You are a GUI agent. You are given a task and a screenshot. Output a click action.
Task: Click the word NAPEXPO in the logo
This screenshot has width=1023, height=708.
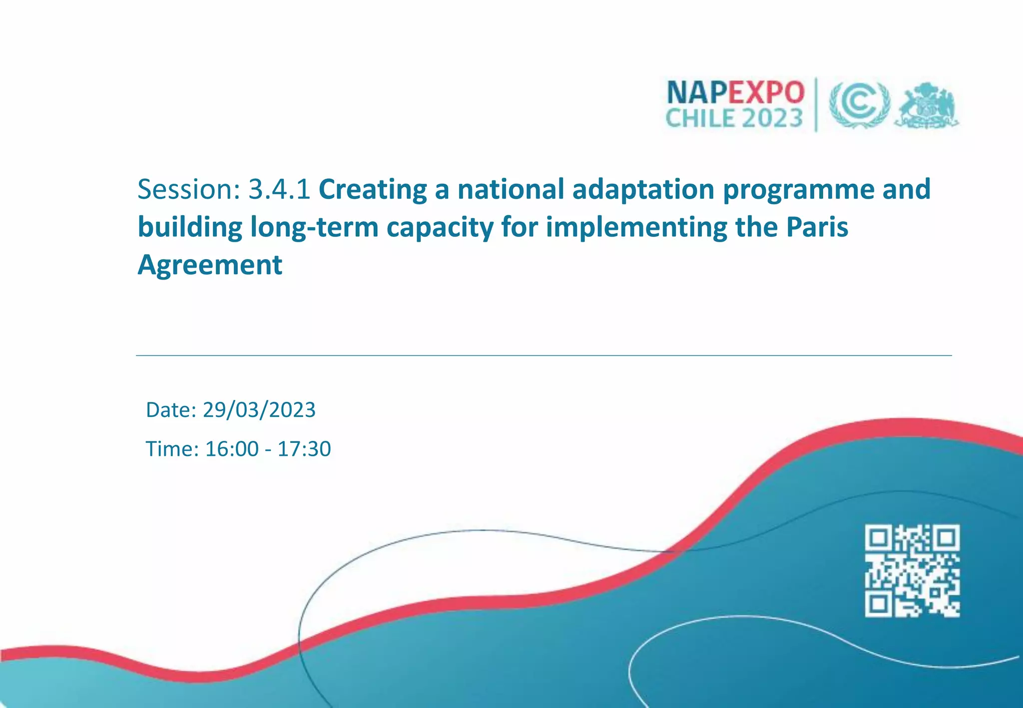[x=735, y=92]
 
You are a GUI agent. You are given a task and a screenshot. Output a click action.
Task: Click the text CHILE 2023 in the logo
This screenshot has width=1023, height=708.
[x=734, y=119]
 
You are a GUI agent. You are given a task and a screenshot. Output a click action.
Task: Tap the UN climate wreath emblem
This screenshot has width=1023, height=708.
[x=860, y=105]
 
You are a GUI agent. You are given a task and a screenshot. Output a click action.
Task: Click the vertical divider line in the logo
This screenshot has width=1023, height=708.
[x=816, y=105]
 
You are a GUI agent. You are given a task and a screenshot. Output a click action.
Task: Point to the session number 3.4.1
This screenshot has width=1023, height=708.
[x=279, y=189]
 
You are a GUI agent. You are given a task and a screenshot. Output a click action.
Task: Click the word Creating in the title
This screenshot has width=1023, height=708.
[x=372, y=189]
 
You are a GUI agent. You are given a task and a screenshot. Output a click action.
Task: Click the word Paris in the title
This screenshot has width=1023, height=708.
[x=817, y=227]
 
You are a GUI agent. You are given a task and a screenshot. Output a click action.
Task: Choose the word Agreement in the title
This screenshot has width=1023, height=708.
[x=210, y=265]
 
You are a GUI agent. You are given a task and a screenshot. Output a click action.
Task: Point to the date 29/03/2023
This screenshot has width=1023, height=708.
[x=259, y=410]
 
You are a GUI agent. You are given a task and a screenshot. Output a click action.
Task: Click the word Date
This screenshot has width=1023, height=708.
[x=171, y=410]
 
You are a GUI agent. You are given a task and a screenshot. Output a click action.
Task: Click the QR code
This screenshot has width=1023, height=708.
[x=912, y=571]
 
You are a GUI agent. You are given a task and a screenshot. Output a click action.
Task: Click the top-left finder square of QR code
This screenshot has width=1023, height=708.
[x=879, y=538]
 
